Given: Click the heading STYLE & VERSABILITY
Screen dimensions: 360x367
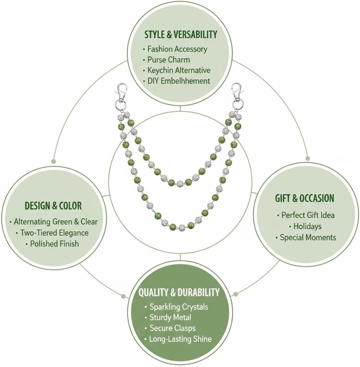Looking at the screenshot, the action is pyautogui.click(x=181, y=34).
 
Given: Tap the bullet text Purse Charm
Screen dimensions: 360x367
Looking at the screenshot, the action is pyautogui.click(x=168, y=60).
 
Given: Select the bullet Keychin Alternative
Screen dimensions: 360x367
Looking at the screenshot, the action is pyautogui.click(x=179, y=70).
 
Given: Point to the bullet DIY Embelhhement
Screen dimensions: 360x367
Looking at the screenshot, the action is pyautogui.click(x=179, y=81).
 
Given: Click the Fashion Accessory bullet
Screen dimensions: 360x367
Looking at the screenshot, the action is pyautogui.click(x=177, y=49).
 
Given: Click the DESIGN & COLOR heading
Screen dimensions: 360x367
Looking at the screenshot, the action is pyautogui.click(x=53, y=206).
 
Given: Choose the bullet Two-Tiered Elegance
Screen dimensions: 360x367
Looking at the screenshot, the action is pyautogui.click(x=54, y=233).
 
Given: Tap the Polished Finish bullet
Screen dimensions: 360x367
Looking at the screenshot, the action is pyautogui.click(x=54, y=244).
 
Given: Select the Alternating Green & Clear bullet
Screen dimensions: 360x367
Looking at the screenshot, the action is pyautogui.click(x=55, y=222).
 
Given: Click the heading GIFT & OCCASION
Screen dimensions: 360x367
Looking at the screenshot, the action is pyautogui.click(x=305, y=198).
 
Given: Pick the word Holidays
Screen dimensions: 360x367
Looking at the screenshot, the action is pyautogui.click(x=307, y=226).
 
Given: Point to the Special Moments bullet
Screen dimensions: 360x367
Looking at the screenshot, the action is pyautogui.click(x=308, y=237).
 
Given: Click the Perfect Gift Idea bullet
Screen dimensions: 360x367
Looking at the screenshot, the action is pyautogui.click(x=308, y=215).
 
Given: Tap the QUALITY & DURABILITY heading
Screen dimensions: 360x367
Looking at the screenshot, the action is pyautogui.click(x=179, y=293).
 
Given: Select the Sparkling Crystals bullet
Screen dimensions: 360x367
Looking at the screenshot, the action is pyautogui.click(x=179, y=307).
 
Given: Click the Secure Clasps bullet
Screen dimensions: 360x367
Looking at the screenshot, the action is pyautogui.click(x=173, y=328).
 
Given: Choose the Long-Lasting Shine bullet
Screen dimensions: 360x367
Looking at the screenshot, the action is pyautogui.click(x=180, y=339).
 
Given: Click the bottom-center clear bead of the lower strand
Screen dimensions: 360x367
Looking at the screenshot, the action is pyautogui.click(x=182, y=227).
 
